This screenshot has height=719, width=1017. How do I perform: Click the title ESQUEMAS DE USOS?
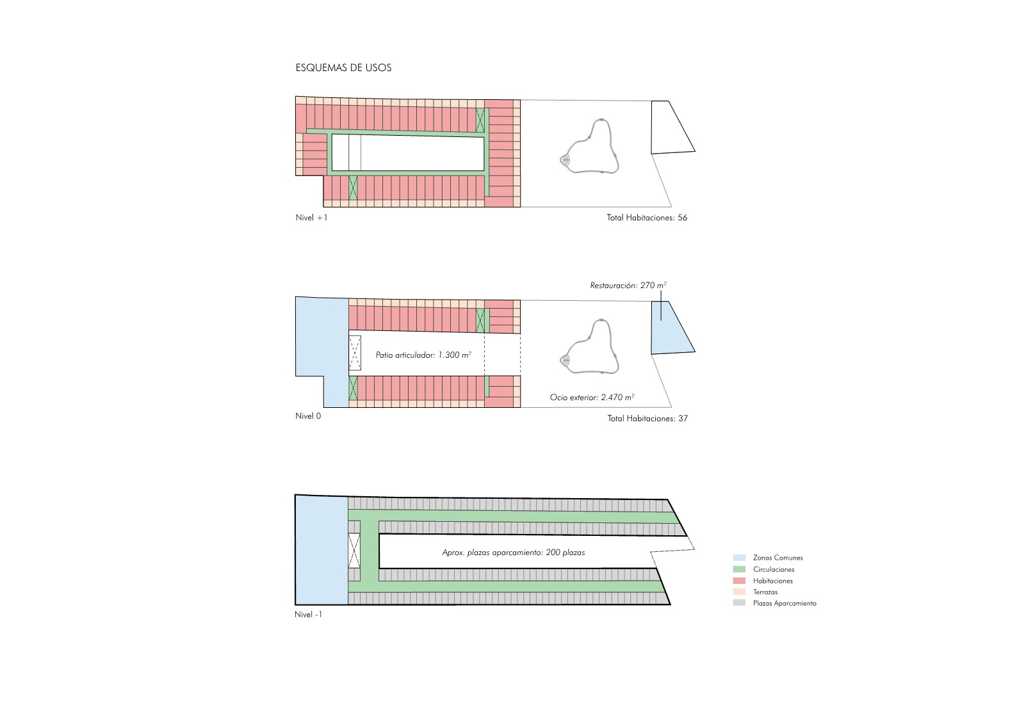tap(343, 68)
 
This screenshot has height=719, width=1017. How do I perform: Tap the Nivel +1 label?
tap(311, 218)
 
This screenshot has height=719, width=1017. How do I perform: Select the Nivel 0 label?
tap(308, 416)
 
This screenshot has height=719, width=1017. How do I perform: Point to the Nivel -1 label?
tap(308, 614)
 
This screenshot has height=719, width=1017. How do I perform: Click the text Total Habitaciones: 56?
tap(647, 218)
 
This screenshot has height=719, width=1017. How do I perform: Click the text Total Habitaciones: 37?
tap(647, 419)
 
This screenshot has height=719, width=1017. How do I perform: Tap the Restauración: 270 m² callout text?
tap(628, 285)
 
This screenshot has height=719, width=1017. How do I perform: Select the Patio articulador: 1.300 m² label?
tap(423, 355)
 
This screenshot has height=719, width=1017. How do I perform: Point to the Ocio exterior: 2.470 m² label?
tap(592, 397)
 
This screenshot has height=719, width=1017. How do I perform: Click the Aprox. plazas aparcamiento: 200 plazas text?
tap(514, 553)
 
